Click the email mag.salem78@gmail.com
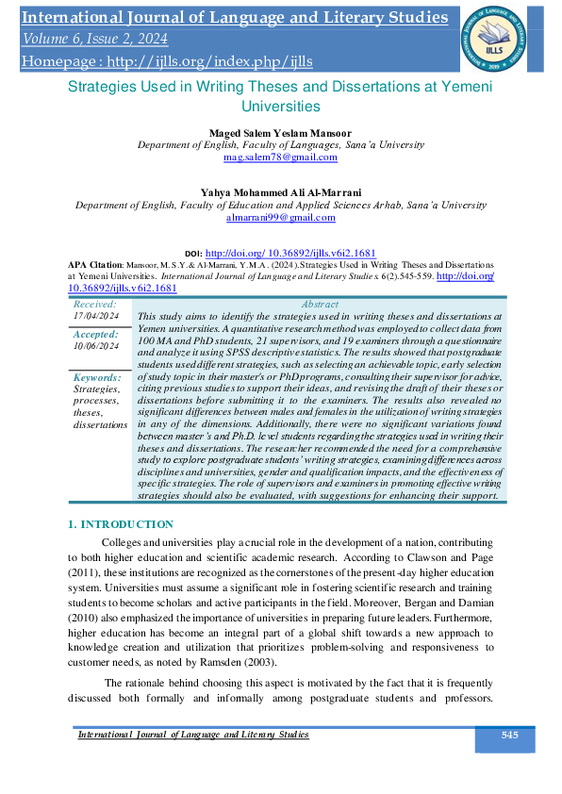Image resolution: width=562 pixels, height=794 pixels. pos(281,157)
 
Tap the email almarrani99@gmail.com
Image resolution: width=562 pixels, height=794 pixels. pos(281,218)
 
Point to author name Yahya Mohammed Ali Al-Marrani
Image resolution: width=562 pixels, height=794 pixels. pos(281,191)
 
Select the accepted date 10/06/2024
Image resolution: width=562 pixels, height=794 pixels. pos(95,346)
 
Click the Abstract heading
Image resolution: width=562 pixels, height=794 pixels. pos(320,305)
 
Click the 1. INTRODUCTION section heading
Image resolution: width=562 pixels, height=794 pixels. pos(121,524)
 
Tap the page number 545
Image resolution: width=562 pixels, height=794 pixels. pos(509,735)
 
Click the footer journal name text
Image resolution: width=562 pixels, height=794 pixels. pos(192,735)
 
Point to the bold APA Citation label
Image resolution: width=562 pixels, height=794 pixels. pos(96,266)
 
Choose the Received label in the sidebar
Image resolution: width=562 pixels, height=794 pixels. pos(95,305)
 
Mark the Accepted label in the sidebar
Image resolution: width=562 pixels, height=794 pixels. pos(96,335)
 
